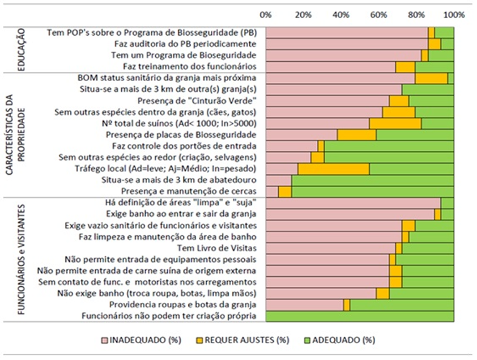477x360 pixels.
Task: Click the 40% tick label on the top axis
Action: click(x=340, y=15)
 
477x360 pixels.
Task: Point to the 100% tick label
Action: click(x=454, y=15)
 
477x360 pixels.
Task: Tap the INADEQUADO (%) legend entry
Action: click(x=142, y=340)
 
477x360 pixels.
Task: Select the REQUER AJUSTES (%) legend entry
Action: click(x=243, y=340)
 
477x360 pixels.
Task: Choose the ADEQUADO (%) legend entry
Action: click(x=340, y=340)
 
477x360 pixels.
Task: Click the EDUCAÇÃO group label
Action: click(x=22, y=49)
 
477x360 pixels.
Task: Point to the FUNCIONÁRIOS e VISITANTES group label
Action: click(x=22, y=259)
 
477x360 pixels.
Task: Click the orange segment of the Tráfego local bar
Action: click(x=334, y=169)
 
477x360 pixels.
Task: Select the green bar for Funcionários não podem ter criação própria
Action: click(x=360, y=316)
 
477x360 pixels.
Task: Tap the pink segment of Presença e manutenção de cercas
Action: click(x=272, y=192)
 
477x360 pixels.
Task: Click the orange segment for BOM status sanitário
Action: click(x=431, y=78)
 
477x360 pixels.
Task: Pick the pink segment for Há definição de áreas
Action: click(x=353, y=203)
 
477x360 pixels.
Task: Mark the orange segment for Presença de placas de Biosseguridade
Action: click(x=356, y=135)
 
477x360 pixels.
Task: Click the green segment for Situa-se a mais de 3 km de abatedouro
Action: click(x=373, y=180)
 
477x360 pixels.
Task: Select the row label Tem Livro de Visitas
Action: click(x=217, y=248)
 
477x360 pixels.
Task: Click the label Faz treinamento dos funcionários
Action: click(x=190, y=66)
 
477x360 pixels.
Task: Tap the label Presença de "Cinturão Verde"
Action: click(x=197, y=100)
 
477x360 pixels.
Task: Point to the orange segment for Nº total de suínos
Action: click(x=395, y=124)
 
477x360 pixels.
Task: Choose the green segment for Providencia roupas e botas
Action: click(x=402, y=304)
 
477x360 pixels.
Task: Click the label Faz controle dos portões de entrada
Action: click(x=184, y=146)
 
